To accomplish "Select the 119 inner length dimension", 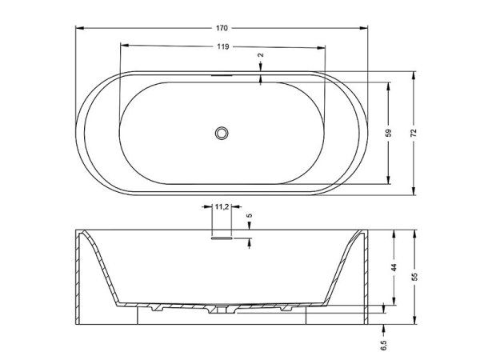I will click(x=223, y=47).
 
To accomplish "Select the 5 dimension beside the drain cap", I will click(x=249, y=216).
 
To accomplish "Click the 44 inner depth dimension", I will click(x=394, y=269).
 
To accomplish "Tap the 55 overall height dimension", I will click(x=414, y=277).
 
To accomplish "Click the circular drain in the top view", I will click(x=222, y=133).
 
